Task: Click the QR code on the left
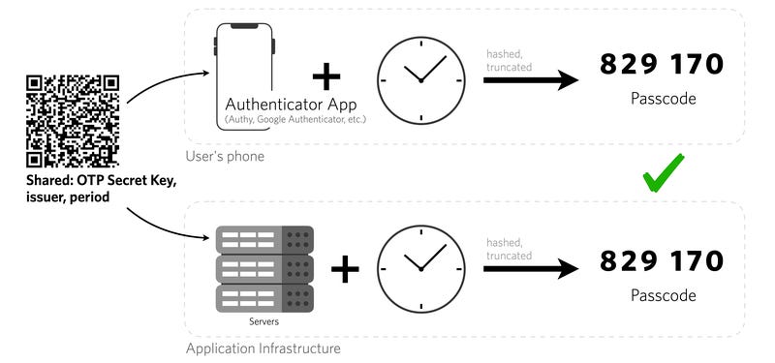point(73,121)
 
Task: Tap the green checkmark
point(664,173)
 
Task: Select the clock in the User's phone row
point(419,79)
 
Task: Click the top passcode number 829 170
point(662,65)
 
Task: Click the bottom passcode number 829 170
point(662,261)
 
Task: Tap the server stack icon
point(264,268)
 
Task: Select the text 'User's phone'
point(226,156)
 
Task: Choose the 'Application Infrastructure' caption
point(263,348)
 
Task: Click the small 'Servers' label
point(264,320)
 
